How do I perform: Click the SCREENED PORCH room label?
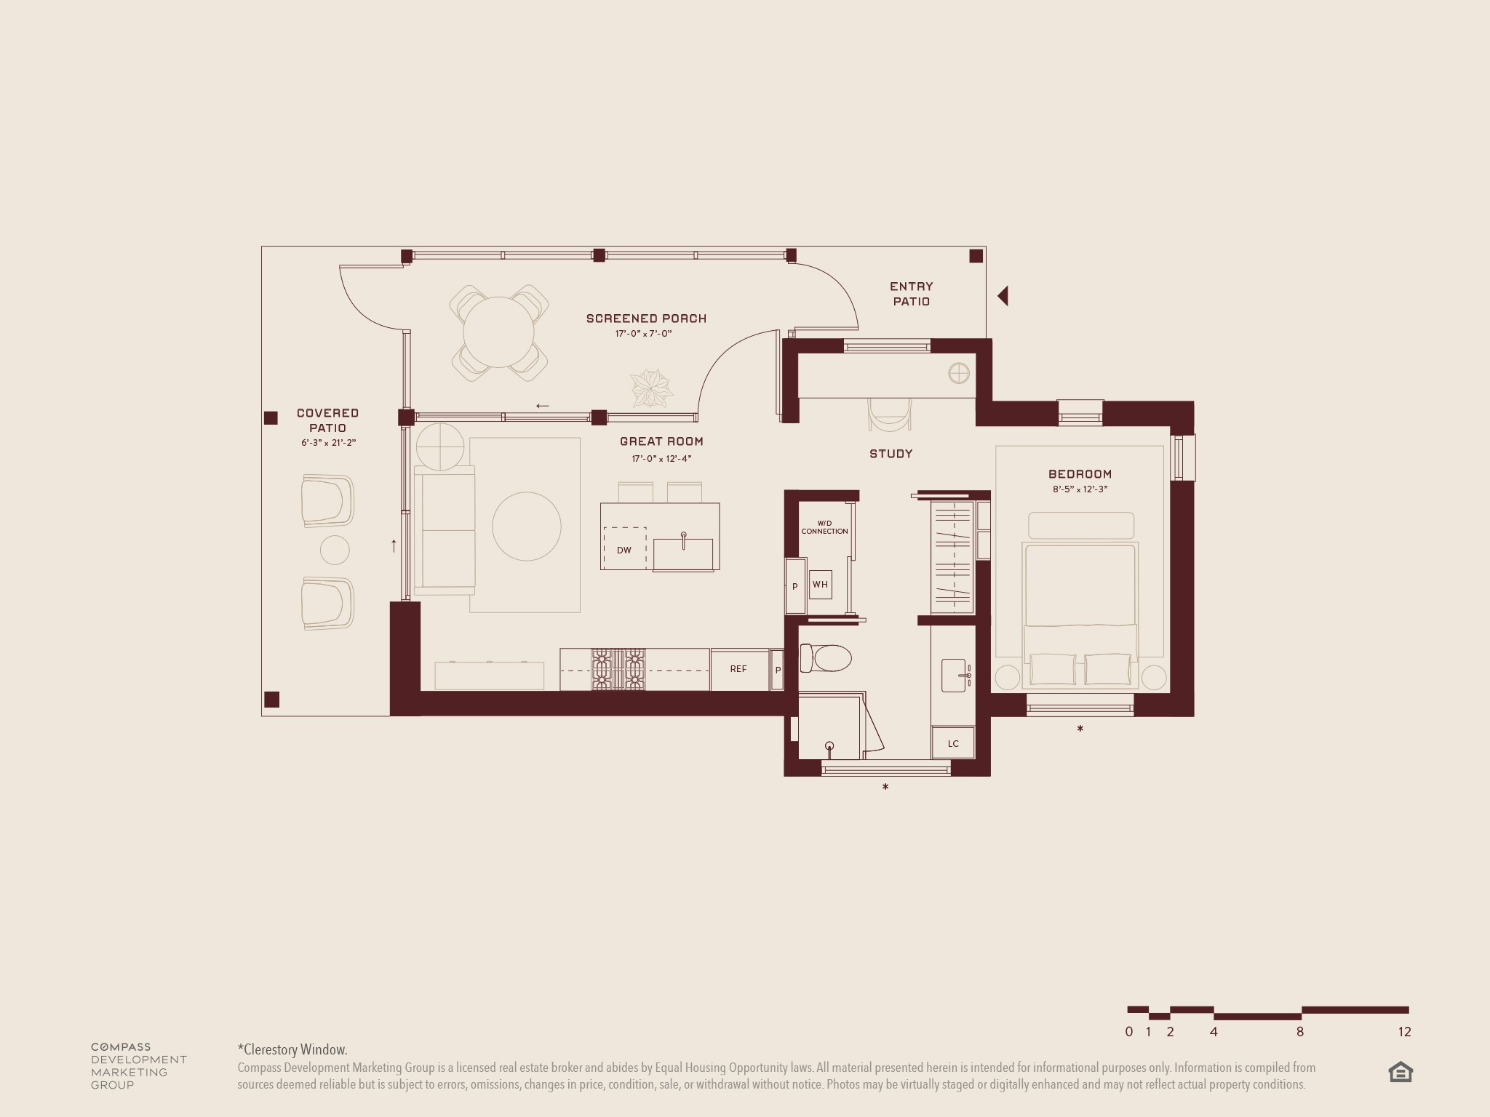point(646,319)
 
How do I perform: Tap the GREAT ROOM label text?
point(661,441)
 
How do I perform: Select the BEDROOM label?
point(1080,474)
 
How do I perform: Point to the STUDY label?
point(891,454)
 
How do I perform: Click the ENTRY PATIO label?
point(911,294)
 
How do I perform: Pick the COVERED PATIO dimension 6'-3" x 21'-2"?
point(328,443)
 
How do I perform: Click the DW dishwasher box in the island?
point(624,549)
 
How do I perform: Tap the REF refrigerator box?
point(738,669)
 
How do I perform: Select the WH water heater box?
point(820,584)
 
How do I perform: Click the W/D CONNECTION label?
point(824,527)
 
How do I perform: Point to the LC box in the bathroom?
point(953,743)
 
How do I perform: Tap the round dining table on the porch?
point(498,332)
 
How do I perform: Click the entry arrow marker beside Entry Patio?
point(1003,296)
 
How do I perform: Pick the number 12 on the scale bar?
point(1404,1032)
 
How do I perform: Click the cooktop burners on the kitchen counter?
point(618,669)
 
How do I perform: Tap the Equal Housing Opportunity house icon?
point(1400,1073)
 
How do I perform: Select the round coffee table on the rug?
point(526,527)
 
